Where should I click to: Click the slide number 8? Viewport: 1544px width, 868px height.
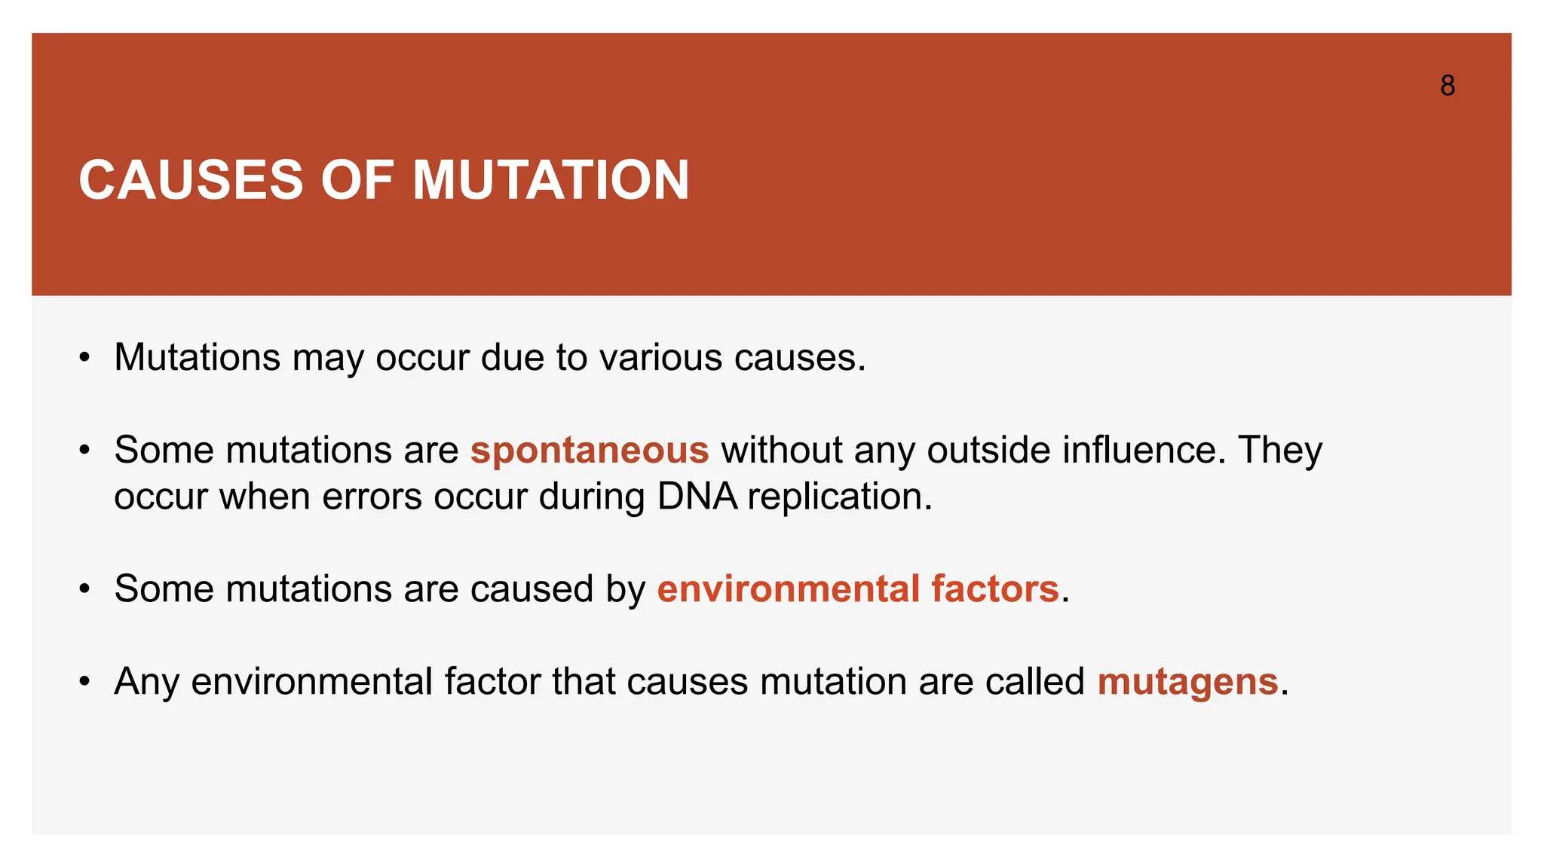point(1447,86)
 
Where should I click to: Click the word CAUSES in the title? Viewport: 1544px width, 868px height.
point(191,181)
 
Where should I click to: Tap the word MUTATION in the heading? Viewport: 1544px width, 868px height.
point(550,181)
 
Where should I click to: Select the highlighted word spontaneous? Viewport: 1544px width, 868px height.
point(590,451)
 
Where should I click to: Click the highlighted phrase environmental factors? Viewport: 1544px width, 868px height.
point(858,589)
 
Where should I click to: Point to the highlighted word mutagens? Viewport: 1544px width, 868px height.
point(1187,682)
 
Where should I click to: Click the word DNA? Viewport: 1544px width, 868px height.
point(697,497)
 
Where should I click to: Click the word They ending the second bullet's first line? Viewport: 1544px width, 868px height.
point(1279,451)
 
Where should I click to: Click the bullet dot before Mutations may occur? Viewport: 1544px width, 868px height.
point(85,358)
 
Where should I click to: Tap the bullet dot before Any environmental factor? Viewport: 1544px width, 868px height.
point(85,683)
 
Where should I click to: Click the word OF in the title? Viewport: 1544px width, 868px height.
point(357,181)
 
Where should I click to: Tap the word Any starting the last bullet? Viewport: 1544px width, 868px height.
point(146,683)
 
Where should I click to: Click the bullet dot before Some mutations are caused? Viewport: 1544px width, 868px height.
point(85,590)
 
